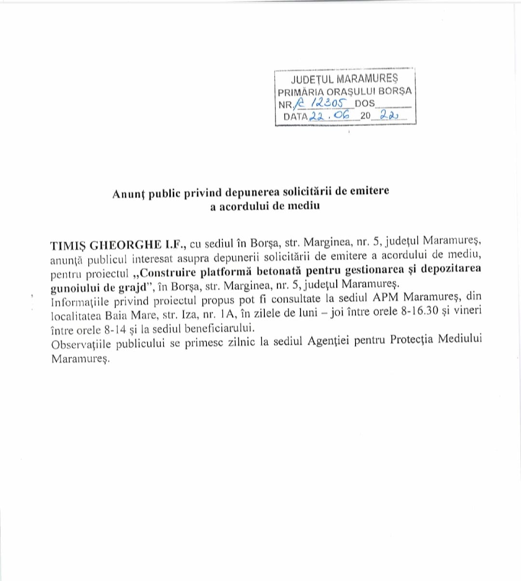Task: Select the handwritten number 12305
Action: tap(326, 103)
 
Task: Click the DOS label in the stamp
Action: tap(365, 103)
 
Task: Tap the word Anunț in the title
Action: tap(129, 193)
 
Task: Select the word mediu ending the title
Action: tap(304, 206)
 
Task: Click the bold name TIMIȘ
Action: tap(67, 245)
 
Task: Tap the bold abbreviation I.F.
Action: tap(176, 244)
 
